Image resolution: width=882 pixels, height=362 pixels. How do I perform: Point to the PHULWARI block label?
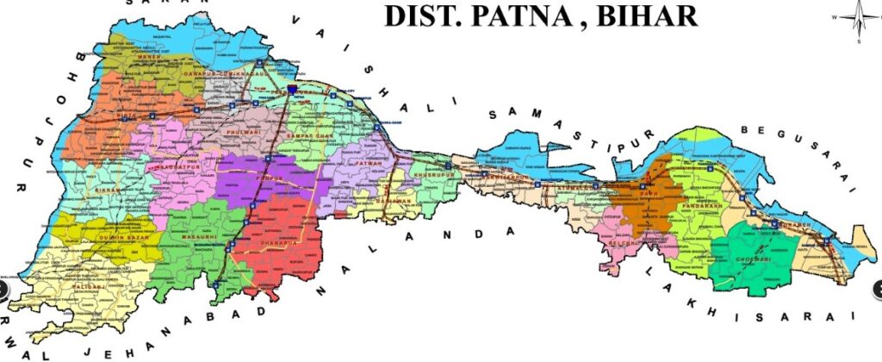pyautogui.click(x=241, y=134)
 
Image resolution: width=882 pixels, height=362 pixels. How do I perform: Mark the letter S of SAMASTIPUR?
pyautogui.click(x=494, y=115)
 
